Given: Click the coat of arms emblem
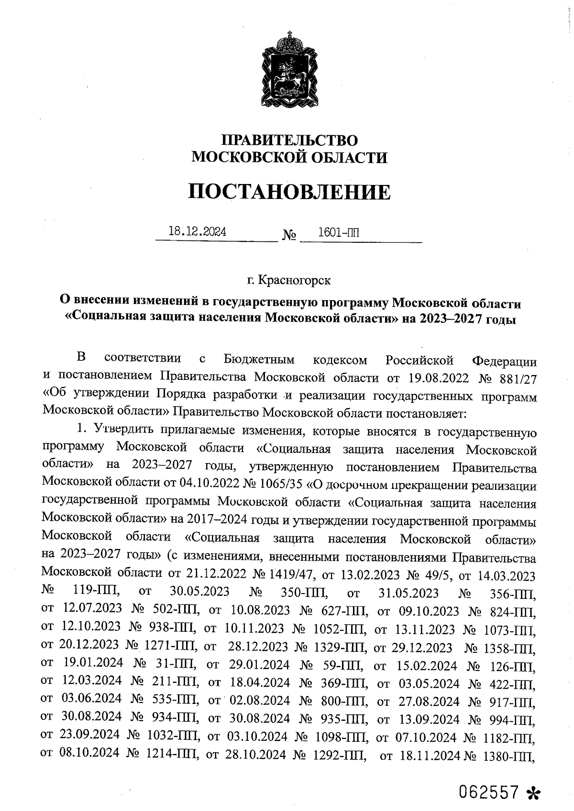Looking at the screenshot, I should (x=289, y=71).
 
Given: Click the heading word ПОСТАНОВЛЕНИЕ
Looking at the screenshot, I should (x=289, y=192).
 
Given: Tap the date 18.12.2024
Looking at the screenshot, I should (x=197, y=232).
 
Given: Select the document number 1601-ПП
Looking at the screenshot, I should (x=339, y=233).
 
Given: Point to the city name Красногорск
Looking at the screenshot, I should (x=294, y=280).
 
